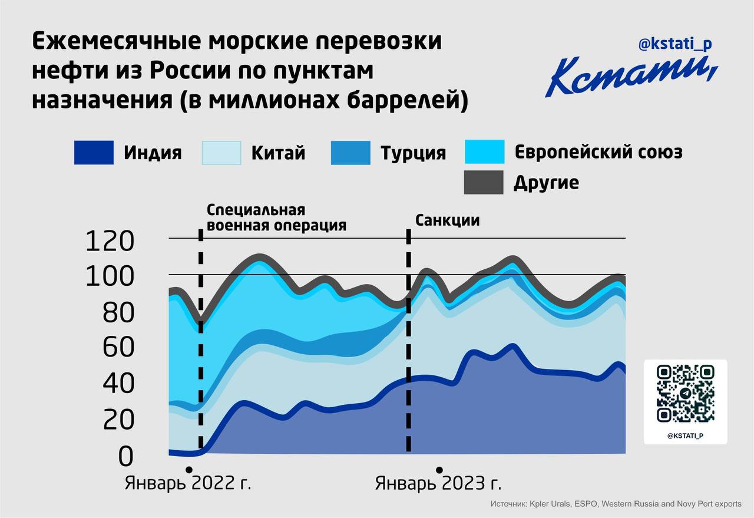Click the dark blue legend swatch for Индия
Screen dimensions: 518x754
pos(94,153)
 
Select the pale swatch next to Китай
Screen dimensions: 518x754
pos(221,153)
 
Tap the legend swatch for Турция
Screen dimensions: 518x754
pos(350,153)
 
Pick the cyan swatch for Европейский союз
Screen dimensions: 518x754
pos(484,152)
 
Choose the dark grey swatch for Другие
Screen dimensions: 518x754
pos(484,182)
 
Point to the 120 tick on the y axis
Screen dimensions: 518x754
pos(110,241)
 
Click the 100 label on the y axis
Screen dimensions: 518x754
pos(110,277)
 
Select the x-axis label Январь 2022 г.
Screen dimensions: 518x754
pos(188,484)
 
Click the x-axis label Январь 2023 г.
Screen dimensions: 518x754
pos(438,484)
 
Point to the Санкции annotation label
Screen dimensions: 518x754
pos(448,220)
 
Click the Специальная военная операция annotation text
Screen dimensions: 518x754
pos(276,218)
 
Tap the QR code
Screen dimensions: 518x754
pos(685,394)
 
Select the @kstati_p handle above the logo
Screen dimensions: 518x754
pos(675,44)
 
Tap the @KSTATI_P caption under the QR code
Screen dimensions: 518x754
pos(686,435)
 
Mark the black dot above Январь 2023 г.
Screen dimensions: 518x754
pos(439,470)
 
